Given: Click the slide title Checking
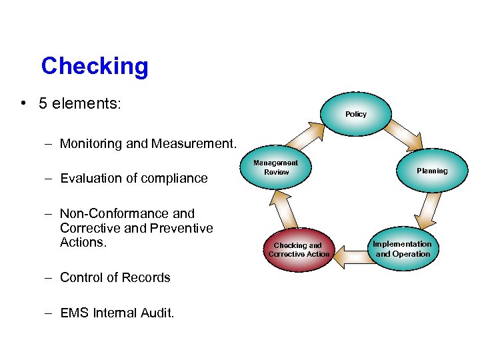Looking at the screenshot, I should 94,66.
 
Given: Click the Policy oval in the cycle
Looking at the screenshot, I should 355,114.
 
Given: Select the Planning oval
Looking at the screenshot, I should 432,171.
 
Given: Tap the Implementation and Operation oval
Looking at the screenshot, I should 402,249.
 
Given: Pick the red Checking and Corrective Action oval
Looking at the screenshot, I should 299,249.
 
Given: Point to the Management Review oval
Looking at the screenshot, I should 276,167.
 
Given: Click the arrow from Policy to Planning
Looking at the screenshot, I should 403,135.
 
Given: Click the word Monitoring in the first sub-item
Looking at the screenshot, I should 91,143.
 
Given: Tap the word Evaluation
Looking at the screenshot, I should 90,178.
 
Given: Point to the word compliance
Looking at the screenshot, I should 175,178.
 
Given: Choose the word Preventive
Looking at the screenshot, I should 180,228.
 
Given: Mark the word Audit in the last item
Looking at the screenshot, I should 157,312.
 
